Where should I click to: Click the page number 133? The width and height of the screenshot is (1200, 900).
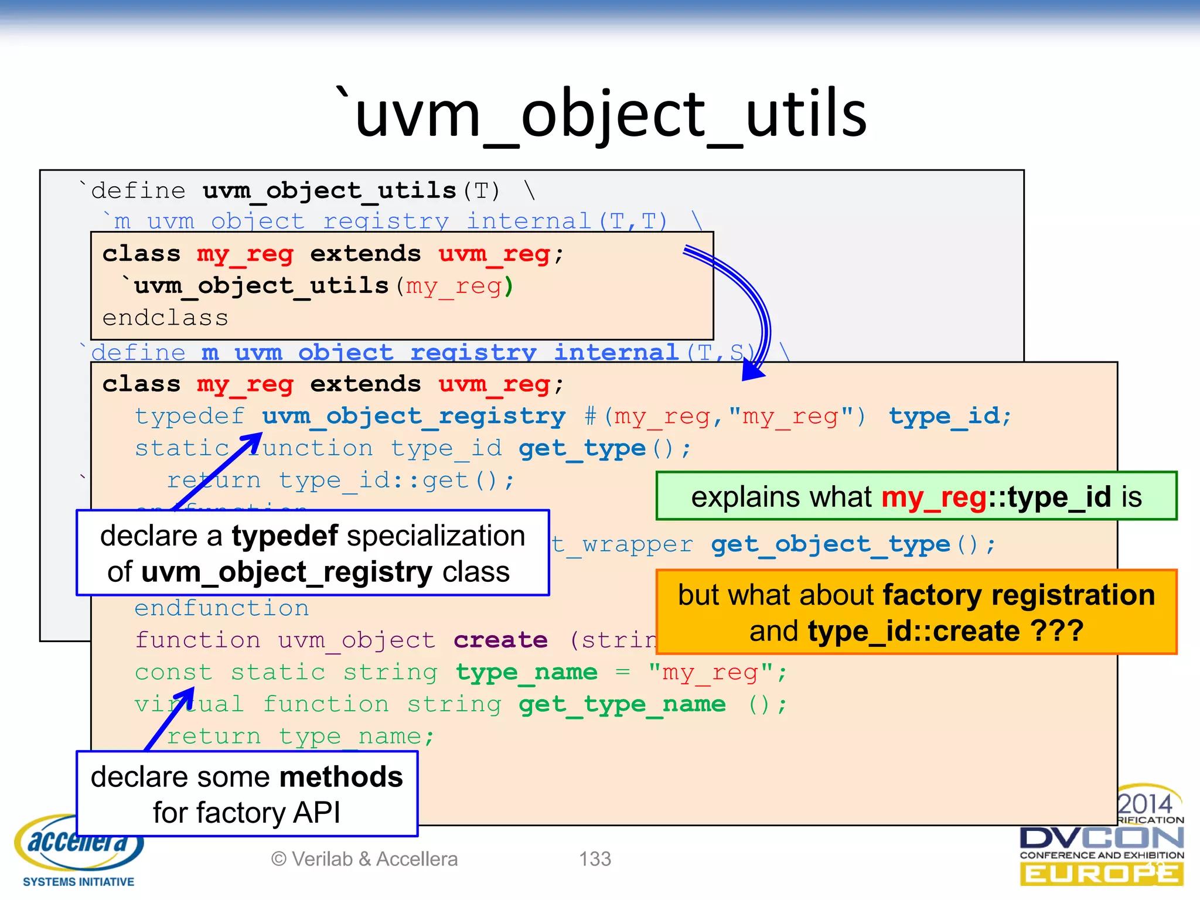click(595, 859)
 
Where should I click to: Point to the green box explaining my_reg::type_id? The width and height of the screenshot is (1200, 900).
click(916, 496)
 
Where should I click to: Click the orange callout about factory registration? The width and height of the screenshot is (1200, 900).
click(916, 612)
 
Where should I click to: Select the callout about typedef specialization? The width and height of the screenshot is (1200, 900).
click(312, 553)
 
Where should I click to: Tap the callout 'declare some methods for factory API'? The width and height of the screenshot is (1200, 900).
click(247, 794)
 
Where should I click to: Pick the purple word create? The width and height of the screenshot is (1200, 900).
click(500, 640)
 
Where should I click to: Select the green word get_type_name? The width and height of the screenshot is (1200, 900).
click(622, 704)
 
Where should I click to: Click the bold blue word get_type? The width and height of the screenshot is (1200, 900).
click(582, 448)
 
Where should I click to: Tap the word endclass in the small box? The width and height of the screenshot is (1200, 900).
click(165, 318)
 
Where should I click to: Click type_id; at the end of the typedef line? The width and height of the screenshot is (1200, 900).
click(950, 416)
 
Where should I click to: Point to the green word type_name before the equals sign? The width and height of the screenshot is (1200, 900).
click(526, 672)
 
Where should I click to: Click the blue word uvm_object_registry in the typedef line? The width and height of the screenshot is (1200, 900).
click(413, 416)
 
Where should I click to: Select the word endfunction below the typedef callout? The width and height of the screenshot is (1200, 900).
click(221, 608)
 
